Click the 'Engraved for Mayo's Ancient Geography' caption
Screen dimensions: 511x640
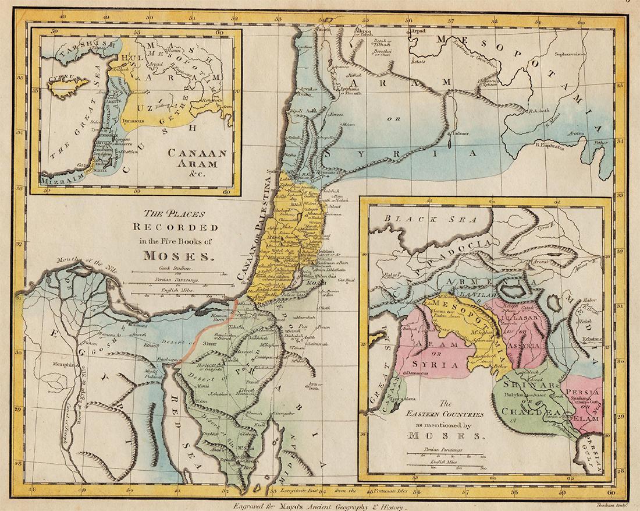319,506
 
